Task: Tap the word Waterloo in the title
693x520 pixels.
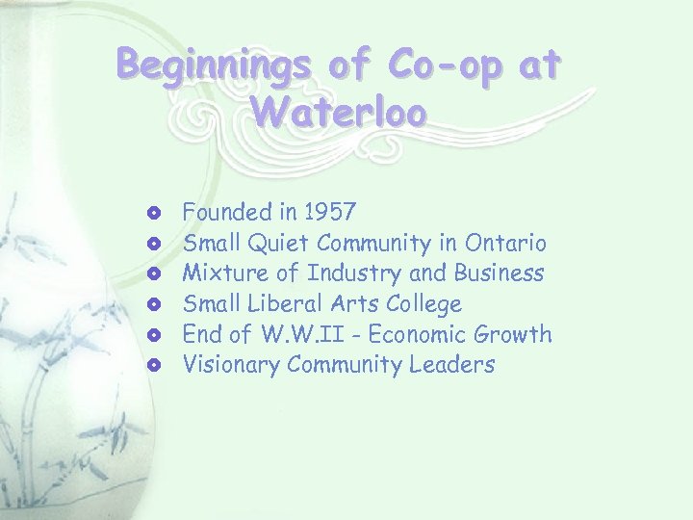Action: click(x=338, y=112)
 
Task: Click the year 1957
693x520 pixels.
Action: click(x=330, y=211)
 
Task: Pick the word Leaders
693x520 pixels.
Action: click(x=455, y=364)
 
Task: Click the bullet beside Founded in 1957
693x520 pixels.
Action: click(x=155, y=211)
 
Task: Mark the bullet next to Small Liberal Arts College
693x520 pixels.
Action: click(x=155, y=304)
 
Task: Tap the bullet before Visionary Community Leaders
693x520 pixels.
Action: click(x=155, y=365)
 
